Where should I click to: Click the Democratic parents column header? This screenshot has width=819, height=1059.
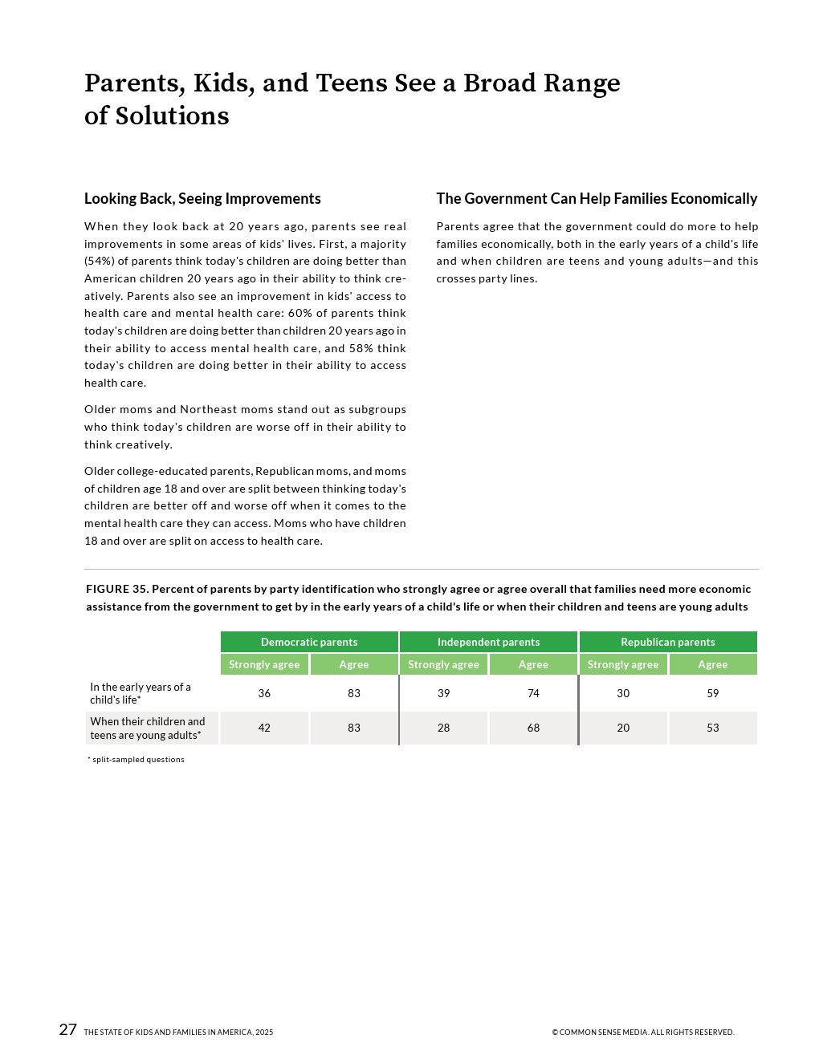point(309,642)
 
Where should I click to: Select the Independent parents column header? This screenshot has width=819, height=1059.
point(488,642)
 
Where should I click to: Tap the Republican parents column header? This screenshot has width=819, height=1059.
point(667,642)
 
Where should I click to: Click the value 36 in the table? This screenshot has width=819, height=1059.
point(264,693)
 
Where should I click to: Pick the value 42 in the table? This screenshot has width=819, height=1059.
point(264,728)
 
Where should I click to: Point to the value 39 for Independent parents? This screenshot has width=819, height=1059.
point(443,693)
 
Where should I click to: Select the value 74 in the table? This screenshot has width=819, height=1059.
point(533,693)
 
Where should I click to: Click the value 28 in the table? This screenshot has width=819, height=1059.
point(443,728)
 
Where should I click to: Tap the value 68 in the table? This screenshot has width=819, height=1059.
point(533,728)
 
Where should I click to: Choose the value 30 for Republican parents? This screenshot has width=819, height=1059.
point(623,693)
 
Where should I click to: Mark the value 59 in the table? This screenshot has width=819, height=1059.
point(713,693)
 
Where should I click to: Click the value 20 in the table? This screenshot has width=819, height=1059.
point(623,728)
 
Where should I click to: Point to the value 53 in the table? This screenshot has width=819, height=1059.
point(713,728)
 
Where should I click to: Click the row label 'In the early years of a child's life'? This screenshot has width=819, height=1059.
point(141,693)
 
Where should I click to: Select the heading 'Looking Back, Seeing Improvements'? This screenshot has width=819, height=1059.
point(202,198)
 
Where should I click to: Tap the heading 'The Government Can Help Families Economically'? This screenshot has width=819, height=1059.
point(597,198)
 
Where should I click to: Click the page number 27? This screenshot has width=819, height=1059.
point(68,1029)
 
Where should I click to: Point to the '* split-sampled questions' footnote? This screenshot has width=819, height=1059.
point(136,759)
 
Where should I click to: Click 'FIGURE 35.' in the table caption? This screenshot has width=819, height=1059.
point(117,589)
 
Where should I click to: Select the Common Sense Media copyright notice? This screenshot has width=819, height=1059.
point(642,1033)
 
